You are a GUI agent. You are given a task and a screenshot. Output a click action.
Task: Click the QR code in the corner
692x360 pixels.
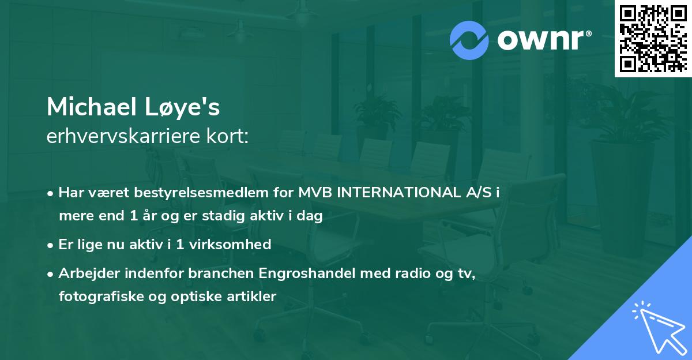(652, 38)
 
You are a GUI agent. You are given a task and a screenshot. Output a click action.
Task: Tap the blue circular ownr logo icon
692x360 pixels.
(469, 39)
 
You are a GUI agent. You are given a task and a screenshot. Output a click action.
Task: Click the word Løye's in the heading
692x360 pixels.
(188, 107)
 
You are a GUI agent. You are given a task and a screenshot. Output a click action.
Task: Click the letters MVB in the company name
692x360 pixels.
(314, 192)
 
